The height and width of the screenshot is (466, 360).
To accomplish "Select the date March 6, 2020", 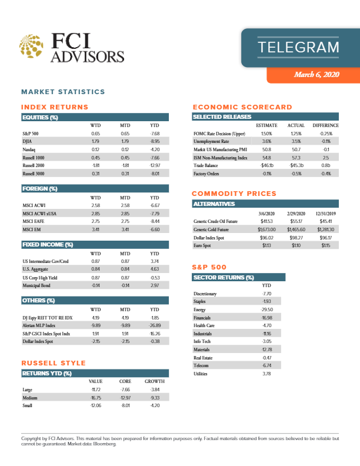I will click(x=316, y=75).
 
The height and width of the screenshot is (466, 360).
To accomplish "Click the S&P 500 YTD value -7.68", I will click(x=155, y=134).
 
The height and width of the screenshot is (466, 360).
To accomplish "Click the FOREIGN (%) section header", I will click(x=39, y=189).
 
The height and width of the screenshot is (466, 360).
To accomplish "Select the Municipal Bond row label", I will click(x=35, y=285).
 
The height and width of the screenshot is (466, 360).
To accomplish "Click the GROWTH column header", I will click(x=154, y=381).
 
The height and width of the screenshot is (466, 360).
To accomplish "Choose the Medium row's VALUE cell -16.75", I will click(x=95, y=398).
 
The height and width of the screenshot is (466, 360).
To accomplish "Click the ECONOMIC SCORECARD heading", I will click(x=242, y=107).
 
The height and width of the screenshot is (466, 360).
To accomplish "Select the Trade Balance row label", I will click(x=207, y=166).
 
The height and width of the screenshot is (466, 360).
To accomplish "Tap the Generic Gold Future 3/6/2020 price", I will click(x=266, y=229).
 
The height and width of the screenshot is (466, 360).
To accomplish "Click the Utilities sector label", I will click(x=201, y=373).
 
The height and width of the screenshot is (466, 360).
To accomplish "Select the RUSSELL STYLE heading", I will click(x=53, y=362).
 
